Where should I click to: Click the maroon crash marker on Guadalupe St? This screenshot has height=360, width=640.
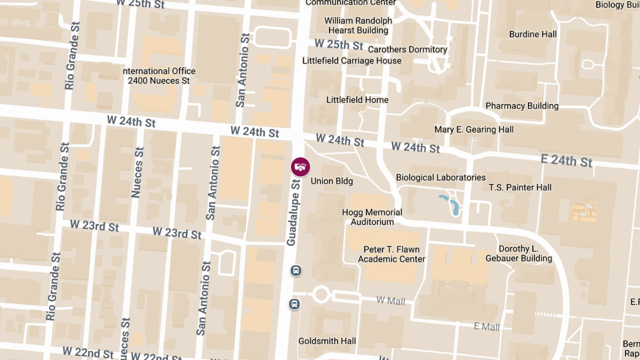[300, 166]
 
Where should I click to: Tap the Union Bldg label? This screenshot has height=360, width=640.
[332, 181]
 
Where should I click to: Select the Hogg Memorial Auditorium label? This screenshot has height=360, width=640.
[372, 217]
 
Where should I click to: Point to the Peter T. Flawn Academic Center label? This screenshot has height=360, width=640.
[391, 254]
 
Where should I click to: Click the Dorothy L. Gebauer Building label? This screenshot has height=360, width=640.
[518, 254]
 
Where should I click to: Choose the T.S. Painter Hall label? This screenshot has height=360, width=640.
[520, 188]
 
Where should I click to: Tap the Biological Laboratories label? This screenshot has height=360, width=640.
[441, 178]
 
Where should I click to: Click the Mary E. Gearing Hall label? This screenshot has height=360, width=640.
[474, 130]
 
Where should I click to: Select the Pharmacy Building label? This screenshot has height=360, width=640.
[522, 106]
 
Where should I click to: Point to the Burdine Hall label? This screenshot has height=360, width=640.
[532, 34]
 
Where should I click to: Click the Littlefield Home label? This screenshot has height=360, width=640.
[357, 100]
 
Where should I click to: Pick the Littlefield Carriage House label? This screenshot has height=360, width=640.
[351, 61]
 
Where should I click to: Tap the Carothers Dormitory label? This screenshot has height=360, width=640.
[407, 50]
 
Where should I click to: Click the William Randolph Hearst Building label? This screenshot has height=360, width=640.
[358, 26]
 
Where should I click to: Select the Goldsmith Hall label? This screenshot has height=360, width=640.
[327, 341]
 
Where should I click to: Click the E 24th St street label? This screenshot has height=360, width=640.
[566, 160]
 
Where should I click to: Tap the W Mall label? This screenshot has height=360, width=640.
[390, 301]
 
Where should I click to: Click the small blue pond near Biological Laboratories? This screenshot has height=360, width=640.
[450, 204]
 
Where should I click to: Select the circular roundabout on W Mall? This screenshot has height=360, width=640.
[321, 294]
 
